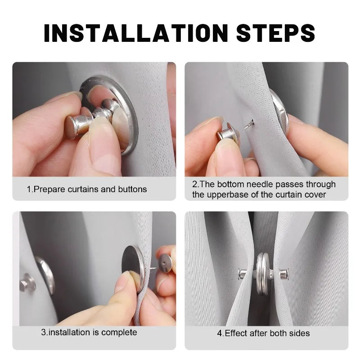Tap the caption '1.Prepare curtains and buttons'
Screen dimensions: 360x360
click(x=87, y=189)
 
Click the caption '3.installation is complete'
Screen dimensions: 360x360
click(x=89, y=333)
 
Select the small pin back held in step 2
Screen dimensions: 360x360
click(x=228, y=134)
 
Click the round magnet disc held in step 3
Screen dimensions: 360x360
click(x=133, y=263)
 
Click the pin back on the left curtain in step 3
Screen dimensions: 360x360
click(x=27, y=283)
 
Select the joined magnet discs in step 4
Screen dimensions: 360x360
click(x=262, y=273)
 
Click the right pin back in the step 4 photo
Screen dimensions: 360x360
click(x=283, y=273)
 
